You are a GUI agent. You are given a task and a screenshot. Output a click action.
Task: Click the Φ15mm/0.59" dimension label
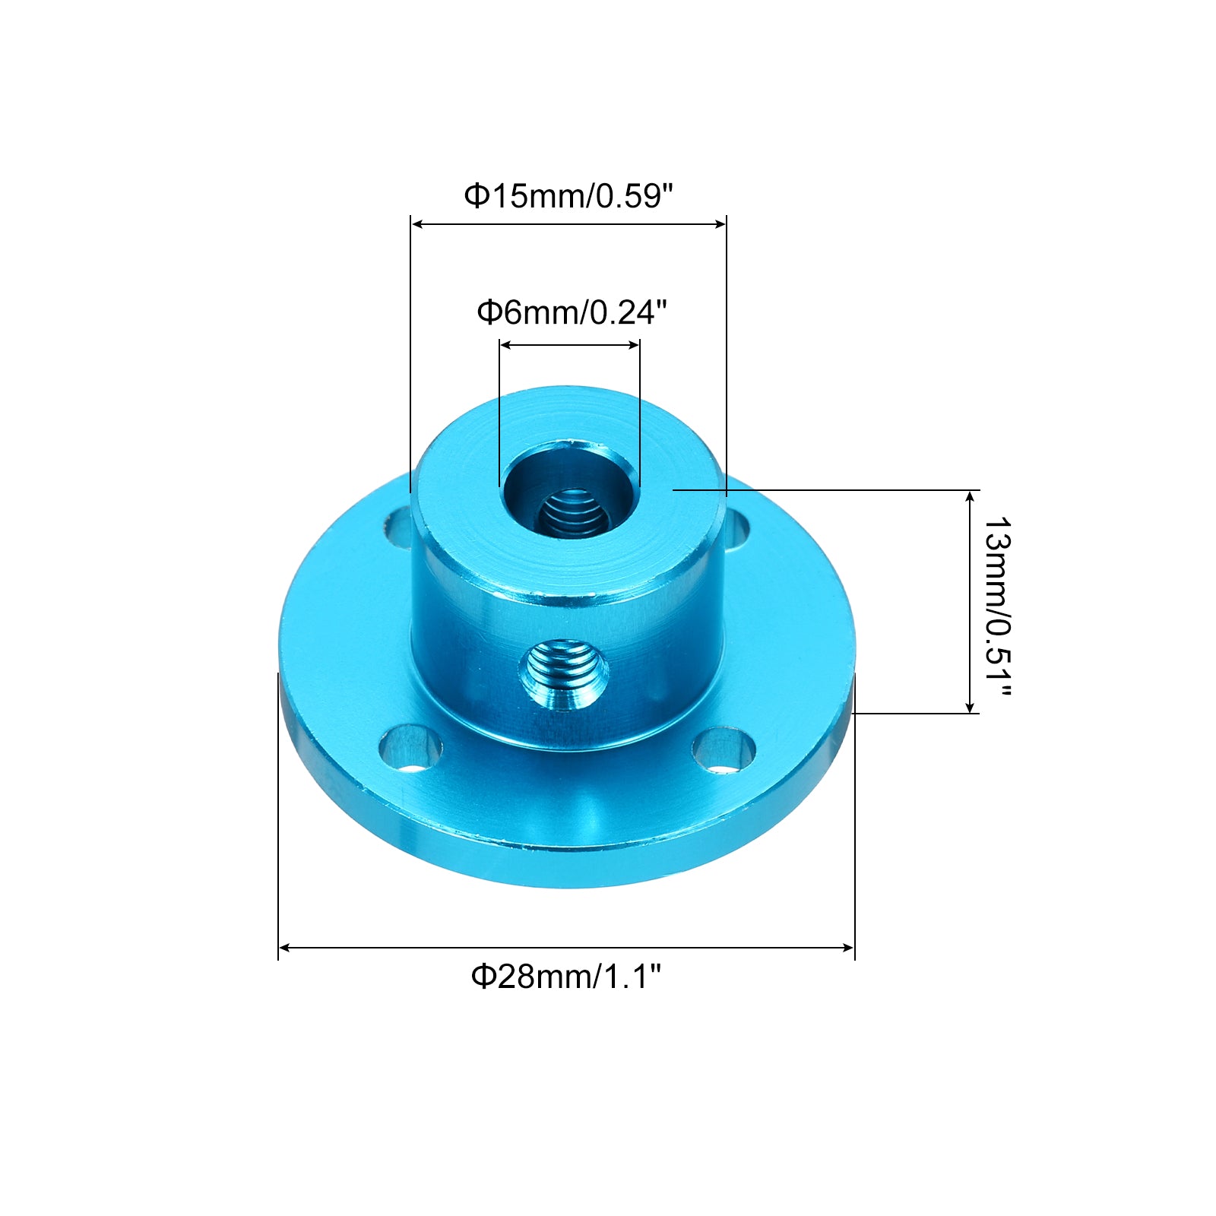click(x=569, y=196)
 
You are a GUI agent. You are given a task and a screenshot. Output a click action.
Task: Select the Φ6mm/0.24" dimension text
click(x=572, y=312)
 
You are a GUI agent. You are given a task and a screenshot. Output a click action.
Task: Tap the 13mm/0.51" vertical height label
click(x=997, y=607)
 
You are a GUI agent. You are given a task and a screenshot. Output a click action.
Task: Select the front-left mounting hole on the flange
click(x=410, y=749)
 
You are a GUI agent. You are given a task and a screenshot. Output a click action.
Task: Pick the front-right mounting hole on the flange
click(x=724, y=750)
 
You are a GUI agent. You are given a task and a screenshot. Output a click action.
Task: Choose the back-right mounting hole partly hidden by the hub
click(x=736, y=529)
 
